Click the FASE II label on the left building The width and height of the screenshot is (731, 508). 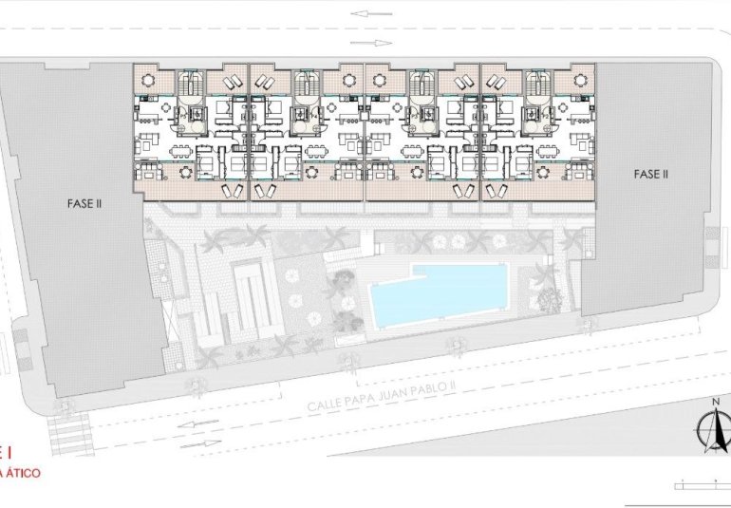pos(85,202)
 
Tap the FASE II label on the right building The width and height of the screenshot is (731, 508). pos(652,174)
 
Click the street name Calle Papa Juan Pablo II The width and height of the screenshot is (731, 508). pos(383,395)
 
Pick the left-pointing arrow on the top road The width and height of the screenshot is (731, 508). pos(370,13)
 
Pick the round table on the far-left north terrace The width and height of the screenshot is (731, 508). pos(147,81)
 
